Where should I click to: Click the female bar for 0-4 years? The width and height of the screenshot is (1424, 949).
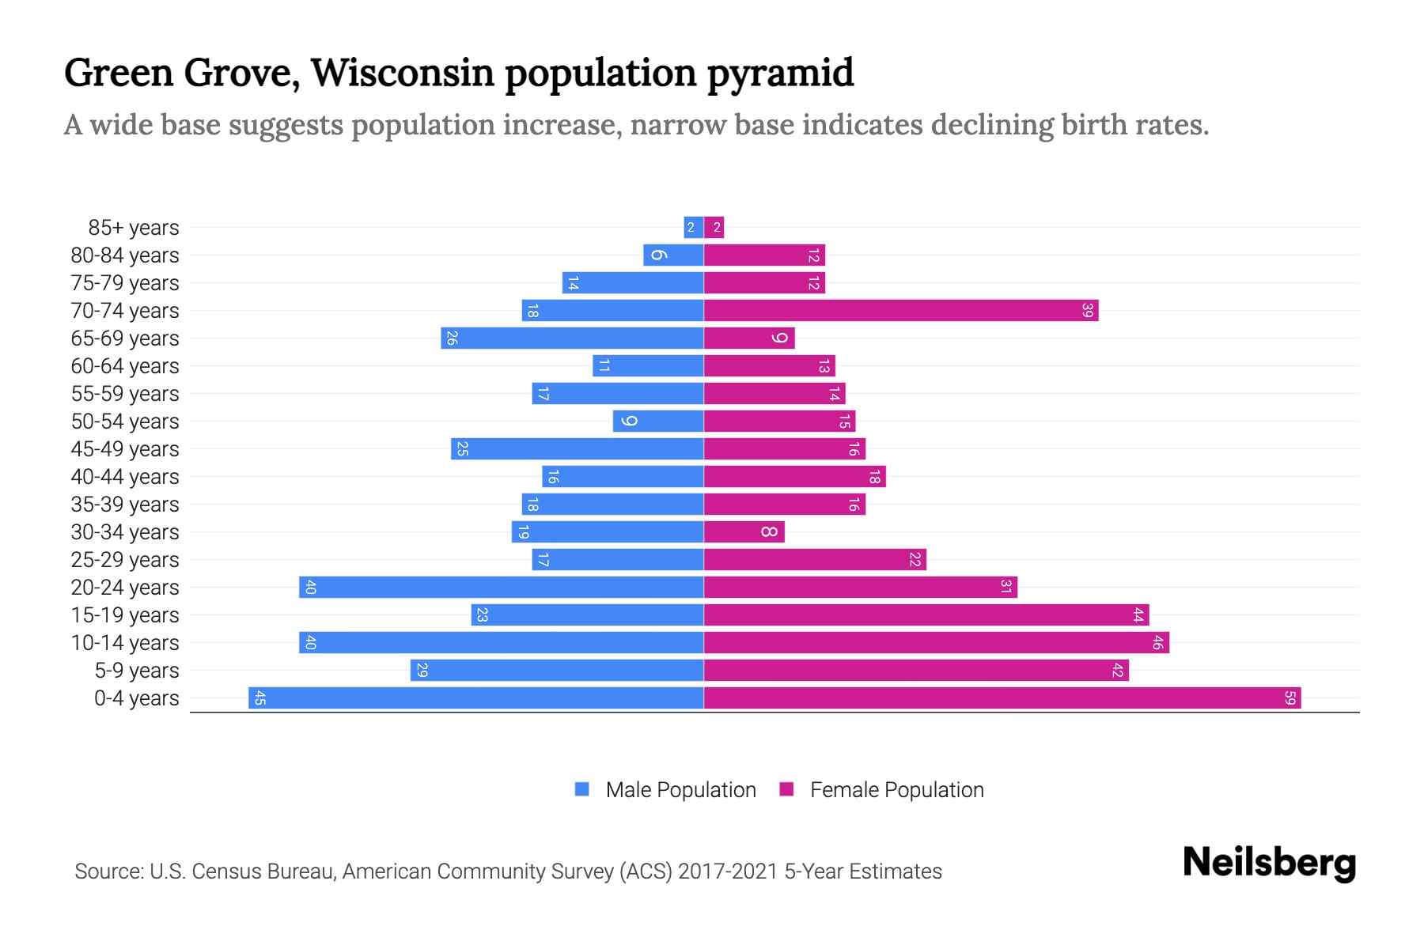[1002, 698]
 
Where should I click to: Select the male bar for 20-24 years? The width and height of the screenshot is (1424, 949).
[502, 588]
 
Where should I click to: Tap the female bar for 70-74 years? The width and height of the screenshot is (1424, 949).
[900, 311]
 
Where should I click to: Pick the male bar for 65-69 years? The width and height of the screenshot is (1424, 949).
[572, 338]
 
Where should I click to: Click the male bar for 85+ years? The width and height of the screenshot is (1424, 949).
[694, 228]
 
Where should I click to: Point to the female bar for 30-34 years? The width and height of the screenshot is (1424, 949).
[744, 532]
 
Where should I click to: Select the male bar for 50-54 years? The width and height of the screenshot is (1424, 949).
[658, 422]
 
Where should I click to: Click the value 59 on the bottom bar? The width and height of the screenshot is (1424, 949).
[1290, 698]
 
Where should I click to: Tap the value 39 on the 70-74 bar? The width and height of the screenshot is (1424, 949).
[1087, 311]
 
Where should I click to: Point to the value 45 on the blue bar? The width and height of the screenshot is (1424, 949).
[259, 698]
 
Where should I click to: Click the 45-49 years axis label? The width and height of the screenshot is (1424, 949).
[125, 449]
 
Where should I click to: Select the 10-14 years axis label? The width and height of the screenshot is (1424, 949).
[125, 643]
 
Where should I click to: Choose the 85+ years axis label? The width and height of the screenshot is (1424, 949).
[134, 228]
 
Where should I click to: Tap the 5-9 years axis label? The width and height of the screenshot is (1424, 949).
[137, 671]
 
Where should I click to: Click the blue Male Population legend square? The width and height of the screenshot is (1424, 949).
[582, 789]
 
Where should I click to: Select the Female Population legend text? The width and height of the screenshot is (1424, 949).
[896, 790]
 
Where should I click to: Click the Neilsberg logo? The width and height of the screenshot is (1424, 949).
[1269, 863]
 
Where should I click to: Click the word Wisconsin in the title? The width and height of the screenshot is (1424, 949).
[403, 73]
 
